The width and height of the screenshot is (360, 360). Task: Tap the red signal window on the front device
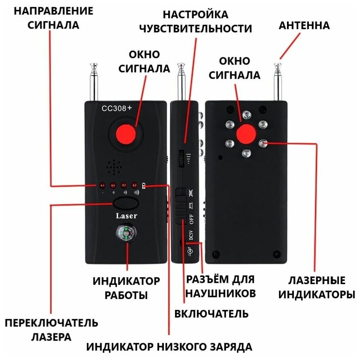(126, 135)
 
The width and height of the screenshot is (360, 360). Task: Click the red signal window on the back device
(246, 134)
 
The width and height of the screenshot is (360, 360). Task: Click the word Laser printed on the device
(126, 216)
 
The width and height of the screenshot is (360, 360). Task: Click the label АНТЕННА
(304, 26)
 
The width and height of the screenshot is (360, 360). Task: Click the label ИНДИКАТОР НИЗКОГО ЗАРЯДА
(170, 346)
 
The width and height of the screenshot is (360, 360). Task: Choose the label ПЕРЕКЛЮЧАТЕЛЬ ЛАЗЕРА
(52, 329)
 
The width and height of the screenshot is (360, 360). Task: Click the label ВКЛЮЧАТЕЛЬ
(211, 314)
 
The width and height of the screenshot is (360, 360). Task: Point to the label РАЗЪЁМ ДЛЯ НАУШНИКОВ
(221, 286)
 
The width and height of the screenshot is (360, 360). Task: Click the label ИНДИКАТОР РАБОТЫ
(126, 287)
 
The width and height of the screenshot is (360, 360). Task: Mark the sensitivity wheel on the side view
(180, 158)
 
